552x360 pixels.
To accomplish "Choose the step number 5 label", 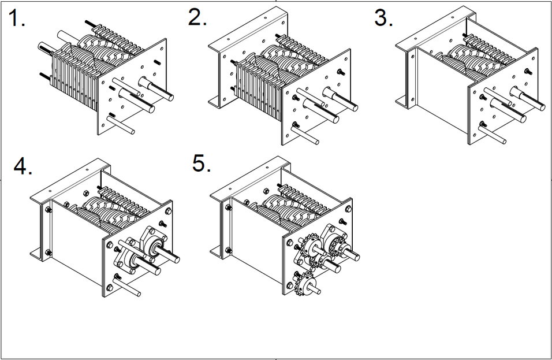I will tap(202, 164).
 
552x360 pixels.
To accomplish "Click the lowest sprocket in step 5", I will tap(304, 283).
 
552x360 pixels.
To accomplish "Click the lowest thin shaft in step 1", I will tap(122, 125).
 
